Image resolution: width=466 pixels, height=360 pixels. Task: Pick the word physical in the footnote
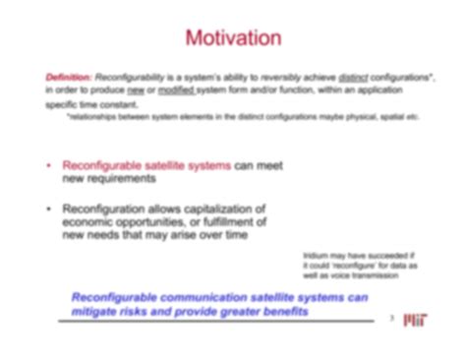click(370, 116)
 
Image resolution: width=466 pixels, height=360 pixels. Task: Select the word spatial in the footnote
click(399, 116)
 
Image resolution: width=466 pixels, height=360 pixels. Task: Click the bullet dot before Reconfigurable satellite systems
click(49, 166)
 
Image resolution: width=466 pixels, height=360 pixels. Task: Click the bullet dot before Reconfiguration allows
click(49, 209)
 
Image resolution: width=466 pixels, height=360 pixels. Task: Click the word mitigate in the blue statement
click(96, 312)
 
